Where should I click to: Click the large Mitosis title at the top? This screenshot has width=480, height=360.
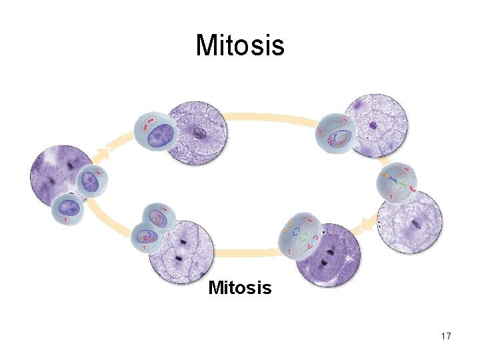pyautogui.click(x=240, y=45)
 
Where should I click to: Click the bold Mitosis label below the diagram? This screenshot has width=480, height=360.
pyautogui.click(x=240, y=288)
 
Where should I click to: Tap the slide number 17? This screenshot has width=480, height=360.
pyautogui.click(x=446, y=336)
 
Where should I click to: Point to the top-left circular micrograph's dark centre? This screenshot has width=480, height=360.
pyautogui.click(x=199, y=134)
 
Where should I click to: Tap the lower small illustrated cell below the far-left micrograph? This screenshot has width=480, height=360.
pyautogui.click(x=69, y=210)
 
